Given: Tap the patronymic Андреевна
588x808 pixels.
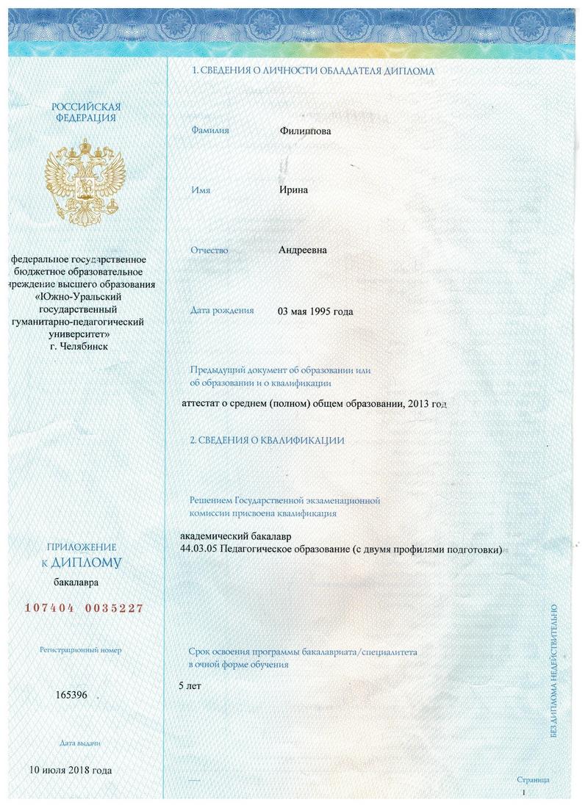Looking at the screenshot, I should [303, 250].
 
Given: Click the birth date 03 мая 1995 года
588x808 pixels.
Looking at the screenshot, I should [315, 311].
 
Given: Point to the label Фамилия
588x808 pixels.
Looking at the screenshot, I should [210, 130].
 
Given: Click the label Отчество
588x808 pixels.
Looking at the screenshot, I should [209, 250].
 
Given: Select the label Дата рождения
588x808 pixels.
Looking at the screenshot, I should [222, 310].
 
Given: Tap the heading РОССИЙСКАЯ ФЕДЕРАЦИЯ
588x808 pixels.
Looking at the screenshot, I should [85, 112].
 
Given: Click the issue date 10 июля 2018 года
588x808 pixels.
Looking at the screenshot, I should [71, 771].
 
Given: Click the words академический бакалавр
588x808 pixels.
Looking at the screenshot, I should [240, 537].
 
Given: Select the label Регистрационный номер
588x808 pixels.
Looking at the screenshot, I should [81, 650].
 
